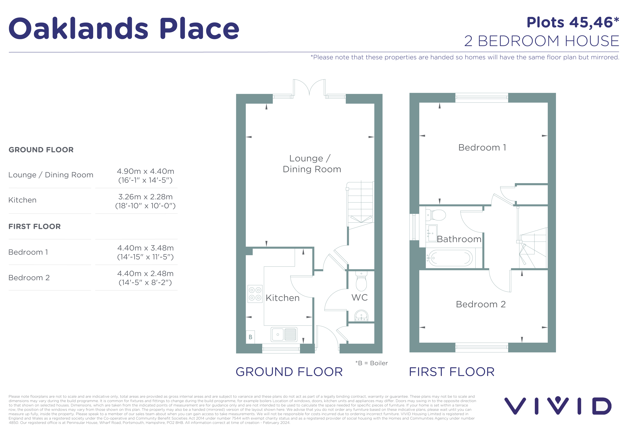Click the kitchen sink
(x=284, y=335)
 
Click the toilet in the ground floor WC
(x=361, y=281)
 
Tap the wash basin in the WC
(x=361, y=316)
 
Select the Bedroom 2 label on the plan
(x=481, y=304)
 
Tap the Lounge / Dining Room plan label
(x=312, y=164)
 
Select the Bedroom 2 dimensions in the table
(x=145, y=278)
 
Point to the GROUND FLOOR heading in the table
(x=41, y=150)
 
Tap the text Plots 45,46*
(x=573, y=23)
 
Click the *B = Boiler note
(x=371, y=363)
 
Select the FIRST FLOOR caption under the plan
(x=452, y=372)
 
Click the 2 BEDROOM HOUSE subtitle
(x=542, y=41)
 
